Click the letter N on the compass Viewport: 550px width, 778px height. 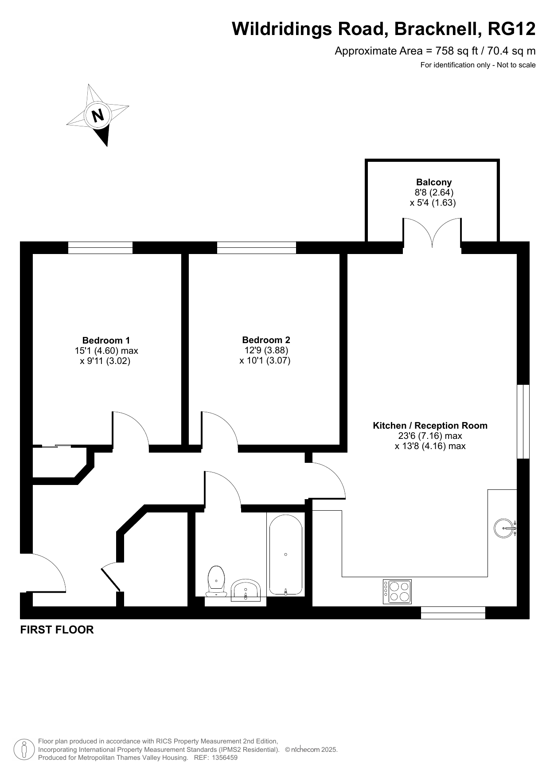tap(98, 115)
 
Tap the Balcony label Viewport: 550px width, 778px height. tap(434, 182)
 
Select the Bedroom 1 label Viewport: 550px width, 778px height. tap(106, 340)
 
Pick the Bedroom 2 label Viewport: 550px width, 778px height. tap(266, 340)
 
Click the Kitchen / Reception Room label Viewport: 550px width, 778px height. tap(430, 426)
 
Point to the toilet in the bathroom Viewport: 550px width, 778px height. tap(216, 581)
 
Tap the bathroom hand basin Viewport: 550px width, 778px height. tap(246, 590)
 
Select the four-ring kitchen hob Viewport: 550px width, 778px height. tap(397, 592)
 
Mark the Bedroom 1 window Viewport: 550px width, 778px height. tap(100, 248)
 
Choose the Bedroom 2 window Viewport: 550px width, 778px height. tap(256, 248)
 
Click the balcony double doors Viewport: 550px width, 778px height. tap(432, 233)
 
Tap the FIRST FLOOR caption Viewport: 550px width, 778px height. tap(57, 630)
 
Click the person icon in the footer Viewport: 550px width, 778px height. tap(24, 750)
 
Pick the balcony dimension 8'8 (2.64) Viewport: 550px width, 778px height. tap(434, 192)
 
